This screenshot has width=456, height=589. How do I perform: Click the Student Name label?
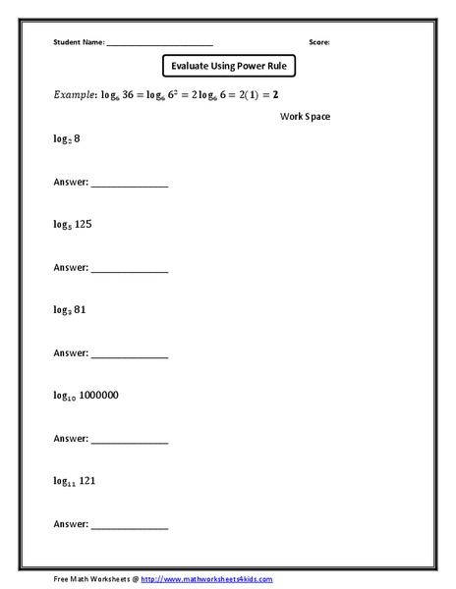point(78,43)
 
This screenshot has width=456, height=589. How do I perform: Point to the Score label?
point(319,43)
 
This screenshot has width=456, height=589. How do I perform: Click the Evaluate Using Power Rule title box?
point(228,67)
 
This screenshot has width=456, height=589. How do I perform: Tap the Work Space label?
point(305,117)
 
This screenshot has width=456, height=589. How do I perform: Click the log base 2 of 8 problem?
point(67,140)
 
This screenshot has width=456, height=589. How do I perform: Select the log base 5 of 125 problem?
point(72,224)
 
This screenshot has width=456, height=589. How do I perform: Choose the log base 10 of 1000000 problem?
point(85,395)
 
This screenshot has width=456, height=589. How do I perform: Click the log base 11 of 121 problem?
point(73,480)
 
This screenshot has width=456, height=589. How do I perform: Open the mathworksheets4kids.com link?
point(205,579)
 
